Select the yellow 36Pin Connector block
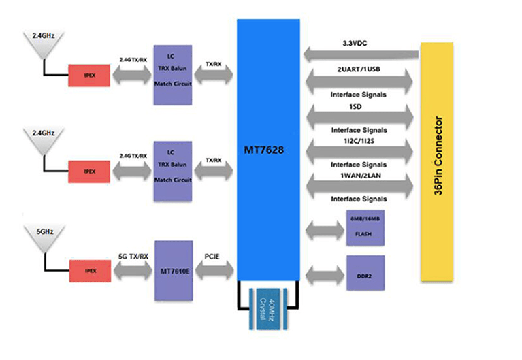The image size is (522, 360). [446, 161]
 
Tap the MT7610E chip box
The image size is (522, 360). [174, 271]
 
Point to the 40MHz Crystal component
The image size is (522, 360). [267, 310]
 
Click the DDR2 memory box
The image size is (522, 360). [365, 274]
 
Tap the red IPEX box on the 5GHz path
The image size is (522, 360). [90, 271]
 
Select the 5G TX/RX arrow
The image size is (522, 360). [133, 271]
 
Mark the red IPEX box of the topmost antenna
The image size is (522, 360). [90, 74]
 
